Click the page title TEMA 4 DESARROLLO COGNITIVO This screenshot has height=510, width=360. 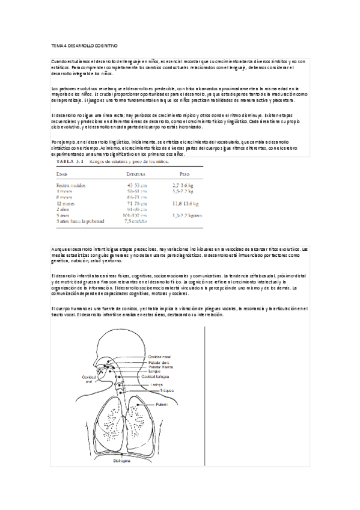tap(84, 45)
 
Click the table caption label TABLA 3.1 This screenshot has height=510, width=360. tap(70, 162)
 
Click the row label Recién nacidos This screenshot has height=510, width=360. tap(70, 186)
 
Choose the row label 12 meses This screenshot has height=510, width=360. tap(66, 203)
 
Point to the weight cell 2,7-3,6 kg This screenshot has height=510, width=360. tap(182, 186)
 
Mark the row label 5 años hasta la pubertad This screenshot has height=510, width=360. tap(80, 221)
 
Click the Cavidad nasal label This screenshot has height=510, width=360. tap(160, 356)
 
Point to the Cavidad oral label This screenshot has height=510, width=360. tap(88, 379)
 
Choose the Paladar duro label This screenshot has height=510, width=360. tap(159, 362)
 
